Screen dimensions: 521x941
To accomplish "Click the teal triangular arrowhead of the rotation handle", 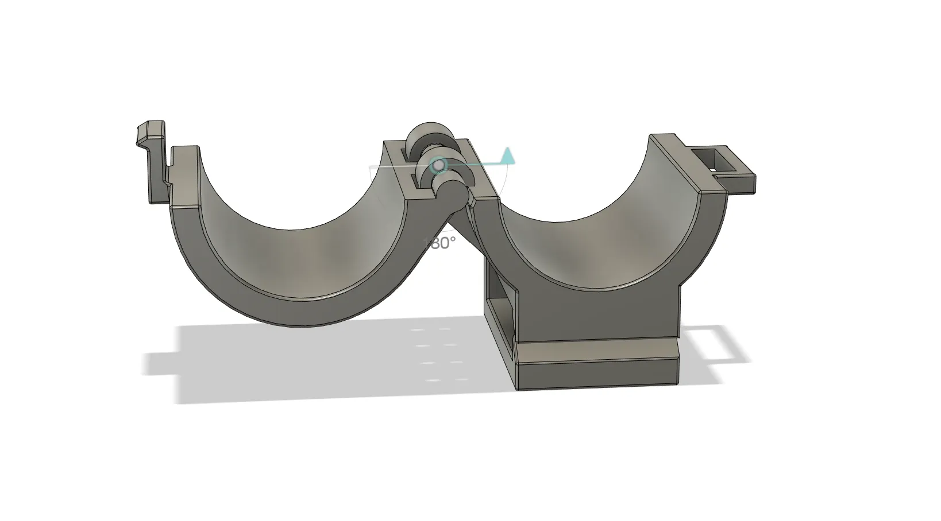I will click(507, 155).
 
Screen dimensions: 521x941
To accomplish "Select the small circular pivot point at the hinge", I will click(439, 165).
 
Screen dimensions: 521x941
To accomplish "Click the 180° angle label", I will click(440, 243).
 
